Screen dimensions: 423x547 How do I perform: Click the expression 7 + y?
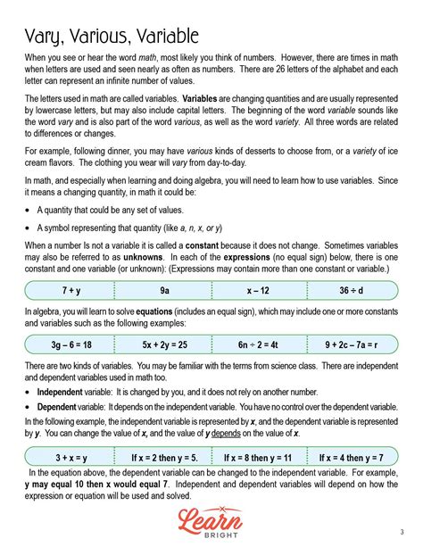(72, 290)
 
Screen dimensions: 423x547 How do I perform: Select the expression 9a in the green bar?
(165, 290)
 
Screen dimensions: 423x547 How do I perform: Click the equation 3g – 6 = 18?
(71, 343)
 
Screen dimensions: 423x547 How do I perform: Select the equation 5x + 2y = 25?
(164, 343)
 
